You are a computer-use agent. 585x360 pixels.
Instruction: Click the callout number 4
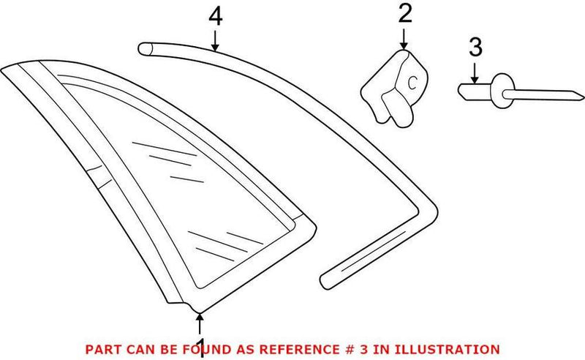pos(216,17)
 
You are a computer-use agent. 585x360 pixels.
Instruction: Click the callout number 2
pos(405,14)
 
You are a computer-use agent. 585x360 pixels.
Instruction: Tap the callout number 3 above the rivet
pos(475,48)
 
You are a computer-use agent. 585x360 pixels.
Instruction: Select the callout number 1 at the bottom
pos(201,348)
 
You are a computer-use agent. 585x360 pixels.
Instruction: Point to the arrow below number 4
pos(214,41)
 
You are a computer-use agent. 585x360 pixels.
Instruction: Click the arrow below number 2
pos(404,40)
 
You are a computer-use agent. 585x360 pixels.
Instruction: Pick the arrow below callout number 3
pos(474,73)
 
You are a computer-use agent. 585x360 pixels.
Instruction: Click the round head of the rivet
pos(502,91)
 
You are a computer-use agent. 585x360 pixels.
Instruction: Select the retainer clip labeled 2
pos(394,89)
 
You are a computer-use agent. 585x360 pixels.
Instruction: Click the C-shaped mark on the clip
pos(412,83)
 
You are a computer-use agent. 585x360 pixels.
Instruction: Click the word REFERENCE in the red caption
pos(300,350)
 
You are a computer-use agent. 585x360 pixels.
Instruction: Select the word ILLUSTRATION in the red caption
pos(448,350)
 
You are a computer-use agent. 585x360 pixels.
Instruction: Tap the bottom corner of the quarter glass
pos(200,312)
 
